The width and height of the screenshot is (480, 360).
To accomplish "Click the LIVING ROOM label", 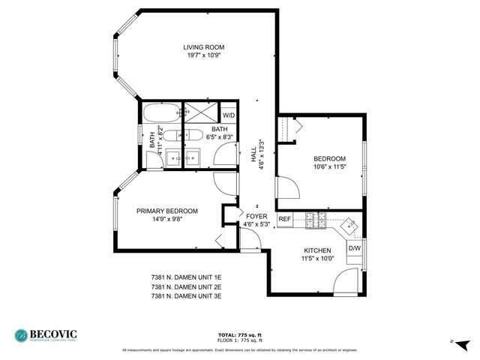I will coord(204,47).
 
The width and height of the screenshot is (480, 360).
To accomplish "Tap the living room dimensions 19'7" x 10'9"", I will coord(204,55).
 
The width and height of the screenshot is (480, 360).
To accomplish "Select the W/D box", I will coord(229,115).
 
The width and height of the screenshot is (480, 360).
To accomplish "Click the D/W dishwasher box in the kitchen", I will coord(354,248).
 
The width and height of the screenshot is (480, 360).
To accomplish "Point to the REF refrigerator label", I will coord(284,219).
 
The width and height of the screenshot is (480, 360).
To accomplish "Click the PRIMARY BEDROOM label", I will coord(166,211).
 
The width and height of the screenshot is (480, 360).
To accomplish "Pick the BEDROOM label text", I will coord(329,158).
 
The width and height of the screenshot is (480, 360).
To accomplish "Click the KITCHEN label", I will coord(317,251).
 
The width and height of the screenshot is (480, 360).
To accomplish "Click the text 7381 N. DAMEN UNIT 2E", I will coord(186,286).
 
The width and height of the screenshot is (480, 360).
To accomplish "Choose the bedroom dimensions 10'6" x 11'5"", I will coord(329,166).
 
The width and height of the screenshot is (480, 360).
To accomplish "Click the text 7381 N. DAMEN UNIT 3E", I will coord(186,296).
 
